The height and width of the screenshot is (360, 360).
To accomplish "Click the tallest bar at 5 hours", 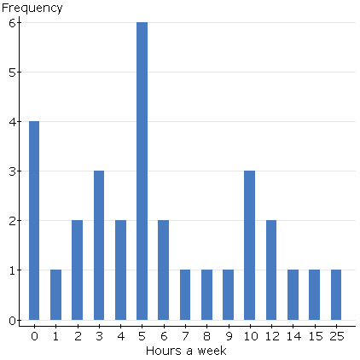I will coord(142,171).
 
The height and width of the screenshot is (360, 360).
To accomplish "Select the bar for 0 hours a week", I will coord(34,220).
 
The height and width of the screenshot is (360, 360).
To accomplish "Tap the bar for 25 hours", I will coord(335,295).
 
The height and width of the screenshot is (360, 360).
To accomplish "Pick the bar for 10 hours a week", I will coord(249,245).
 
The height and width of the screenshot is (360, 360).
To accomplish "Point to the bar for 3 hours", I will coord(99,245).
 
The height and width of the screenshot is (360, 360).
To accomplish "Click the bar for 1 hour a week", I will coord(55,295).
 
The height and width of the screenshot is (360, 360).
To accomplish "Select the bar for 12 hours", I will coord(270,270).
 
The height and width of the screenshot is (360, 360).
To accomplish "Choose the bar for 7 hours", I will coord(184,295).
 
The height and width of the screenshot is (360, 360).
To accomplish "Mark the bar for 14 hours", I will coord(292,295).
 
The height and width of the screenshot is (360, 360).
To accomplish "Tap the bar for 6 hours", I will coord(163,270).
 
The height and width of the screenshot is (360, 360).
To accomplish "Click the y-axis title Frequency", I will coord(32,9).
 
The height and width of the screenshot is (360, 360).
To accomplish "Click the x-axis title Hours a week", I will coord(185,351).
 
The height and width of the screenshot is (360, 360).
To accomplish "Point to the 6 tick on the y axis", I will coord(13,22).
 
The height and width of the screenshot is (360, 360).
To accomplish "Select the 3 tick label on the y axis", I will coord(13,171).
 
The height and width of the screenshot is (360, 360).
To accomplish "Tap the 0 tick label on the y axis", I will coord(13,321).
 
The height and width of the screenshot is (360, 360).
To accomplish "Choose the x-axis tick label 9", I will coord(227,336).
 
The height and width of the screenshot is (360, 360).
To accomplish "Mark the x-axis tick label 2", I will coord(77,336).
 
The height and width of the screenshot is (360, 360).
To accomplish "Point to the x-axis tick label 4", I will coord(120,336).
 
